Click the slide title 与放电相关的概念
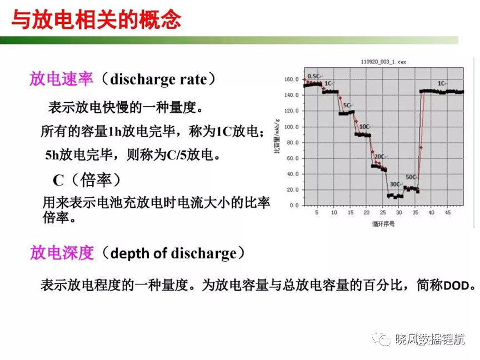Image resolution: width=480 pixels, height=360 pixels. point(96,20)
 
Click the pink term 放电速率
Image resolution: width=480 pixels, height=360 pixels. point(61,79)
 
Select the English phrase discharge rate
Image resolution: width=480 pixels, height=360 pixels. point(158,79)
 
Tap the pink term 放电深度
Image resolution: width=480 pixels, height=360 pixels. point(62,253)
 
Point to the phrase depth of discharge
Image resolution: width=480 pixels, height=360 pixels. point(173,253)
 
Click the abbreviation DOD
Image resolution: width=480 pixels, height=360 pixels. point(456,286)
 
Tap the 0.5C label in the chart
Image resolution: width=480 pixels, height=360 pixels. point(313,76)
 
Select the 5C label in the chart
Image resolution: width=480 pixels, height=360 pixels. point(347,106)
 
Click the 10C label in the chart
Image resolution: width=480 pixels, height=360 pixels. point(364,127)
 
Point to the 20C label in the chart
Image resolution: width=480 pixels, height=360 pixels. point(379,157)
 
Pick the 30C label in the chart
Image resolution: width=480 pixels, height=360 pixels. point(394,184)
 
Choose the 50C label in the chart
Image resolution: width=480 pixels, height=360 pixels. point(411,177)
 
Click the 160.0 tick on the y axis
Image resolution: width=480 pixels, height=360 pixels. point(292,79)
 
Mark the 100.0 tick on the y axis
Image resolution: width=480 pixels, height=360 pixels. point(292,127)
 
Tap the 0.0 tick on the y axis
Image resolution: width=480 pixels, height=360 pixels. point(294,206)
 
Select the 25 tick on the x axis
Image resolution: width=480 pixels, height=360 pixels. point(383,212)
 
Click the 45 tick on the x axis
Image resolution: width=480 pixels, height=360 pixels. point(448,212)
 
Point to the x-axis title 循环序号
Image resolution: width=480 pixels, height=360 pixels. point(383,224)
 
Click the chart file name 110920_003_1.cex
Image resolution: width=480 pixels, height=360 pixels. point(383,62)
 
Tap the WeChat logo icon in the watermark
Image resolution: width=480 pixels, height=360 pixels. point(382,338)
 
